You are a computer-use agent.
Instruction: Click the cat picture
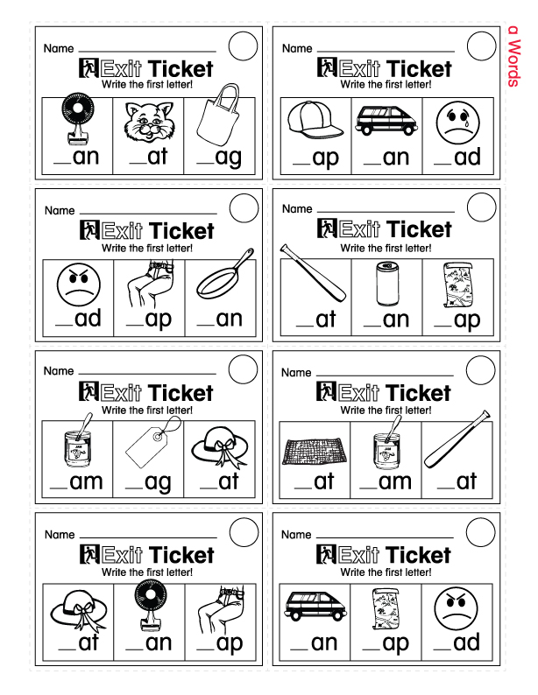pos(147,123)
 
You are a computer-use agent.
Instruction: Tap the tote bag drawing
pos(217,120)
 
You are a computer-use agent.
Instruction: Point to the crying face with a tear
pos(456,122)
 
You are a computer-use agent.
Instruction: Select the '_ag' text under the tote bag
pos(219,158)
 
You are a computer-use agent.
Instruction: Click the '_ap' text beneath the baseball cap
pos(315,158)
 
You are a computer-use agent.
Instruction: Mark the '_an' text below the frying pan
pos(221,319)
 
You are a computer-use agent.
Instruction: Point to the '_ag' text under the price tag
pos(148,481)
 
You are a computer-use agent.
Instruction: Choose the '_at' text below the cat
pos(147,158)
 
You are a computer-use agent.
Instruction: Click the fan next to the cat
pos(76,123)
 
